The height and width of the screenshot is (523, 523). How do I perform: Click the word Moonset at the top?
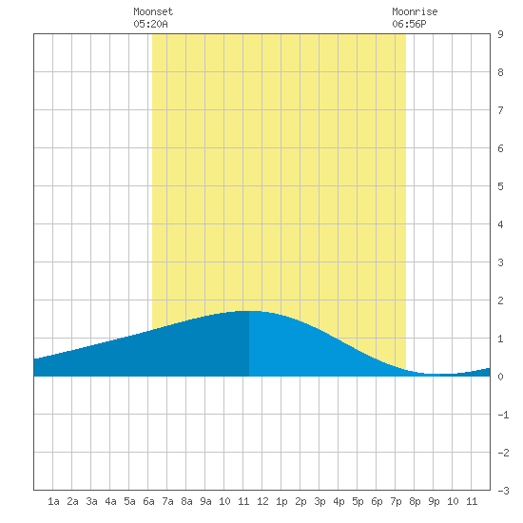tap(153, 11)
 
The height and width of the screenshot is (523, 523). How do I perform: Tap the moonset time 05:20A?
tap(150, 24)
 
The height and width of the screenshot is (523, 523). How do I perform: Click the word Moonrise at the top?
tap(415, 11)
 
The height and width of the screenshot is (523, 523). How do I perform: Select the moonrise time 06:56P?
tap(409, 24)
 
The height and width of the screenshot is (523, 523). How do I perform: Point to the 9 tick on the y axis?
tap(500, 34)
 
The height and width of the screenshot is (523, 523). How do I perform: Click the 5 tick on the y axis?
tap(500, 186)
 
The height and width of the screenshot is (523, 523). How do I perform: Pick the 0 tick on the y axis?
tap(500, 377)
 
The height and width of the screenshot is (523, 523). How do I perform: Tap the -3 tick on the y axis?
tap(503, 491)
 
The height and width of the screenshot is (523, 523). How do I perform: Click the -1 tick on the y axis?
tap(503, 415)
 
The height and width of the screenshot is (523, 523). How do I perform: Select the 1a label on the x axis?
tap(53, 501)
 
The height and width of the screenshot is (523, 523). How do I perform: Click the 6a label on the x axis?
tap(148, 501)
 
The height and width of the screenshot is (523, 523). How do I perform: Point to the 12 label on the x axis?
tap(262, 501)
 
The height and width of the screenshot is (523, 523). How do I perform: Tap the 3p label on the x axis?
tap(320, 501)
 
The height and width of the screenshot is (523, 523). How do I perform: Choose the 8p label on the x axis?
tap(415, 501)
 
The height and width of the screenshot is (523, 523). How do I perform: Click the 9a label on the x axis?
tap(205, 501)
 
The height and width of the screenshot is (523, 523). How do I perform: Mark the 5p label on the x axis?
tap(358, 501)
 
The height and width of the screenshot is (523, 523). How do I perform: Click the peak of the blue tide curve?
tap(249, 311)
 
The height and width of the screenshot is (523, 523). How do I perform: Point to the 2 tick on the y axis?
tap(500, 300)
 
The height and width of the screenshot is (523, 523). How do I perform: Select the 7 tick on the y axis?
tap(500, 110)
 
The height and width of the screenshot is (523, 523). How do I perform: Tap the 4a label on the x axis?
tap(110, 501)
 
